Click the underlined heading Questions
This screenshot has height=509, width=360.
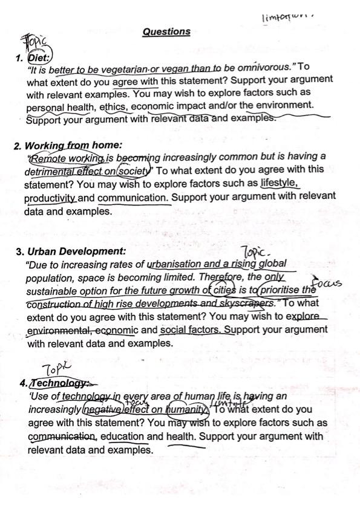[x=166, y=32]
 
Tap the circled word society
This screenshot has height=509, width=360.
[x=134, y=170]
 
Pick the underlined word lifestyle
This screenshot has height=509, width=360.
[x=280, y=183]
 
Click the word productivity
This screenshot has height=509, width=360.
[x=50, y=198]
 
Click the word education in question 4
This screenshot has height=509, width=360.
[x=122, y=436]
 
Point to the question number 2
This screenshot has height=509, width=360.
[x=18, y=146]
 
